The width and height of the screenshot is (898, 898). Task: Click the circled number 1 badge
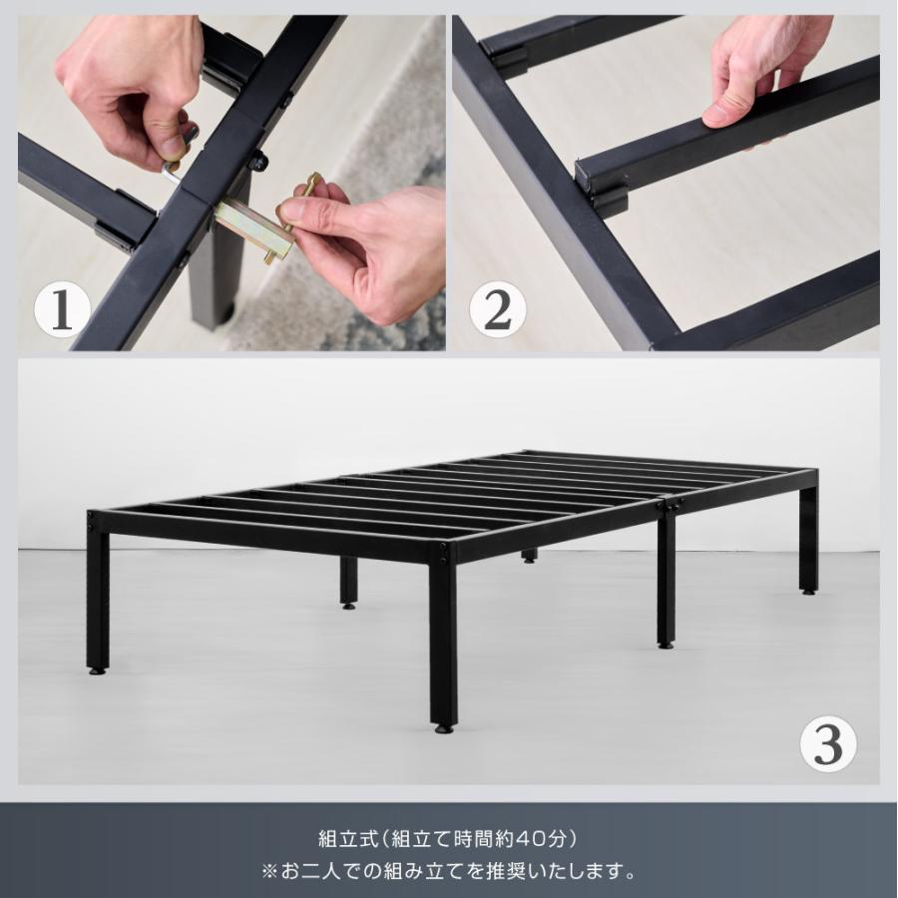62,312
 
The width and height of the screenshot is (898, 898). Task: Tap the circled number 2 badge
497,312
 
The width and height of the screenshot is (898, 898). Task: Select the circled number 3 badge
828,744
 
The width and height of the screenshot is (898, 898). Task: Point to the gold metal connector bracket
253,229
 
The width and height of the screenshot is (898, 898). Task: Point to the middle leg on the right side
667,579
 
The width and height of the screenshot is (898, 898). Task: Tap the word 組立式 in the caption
349,839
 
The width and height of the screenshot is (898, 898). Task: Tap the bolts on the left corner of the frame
91,521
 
